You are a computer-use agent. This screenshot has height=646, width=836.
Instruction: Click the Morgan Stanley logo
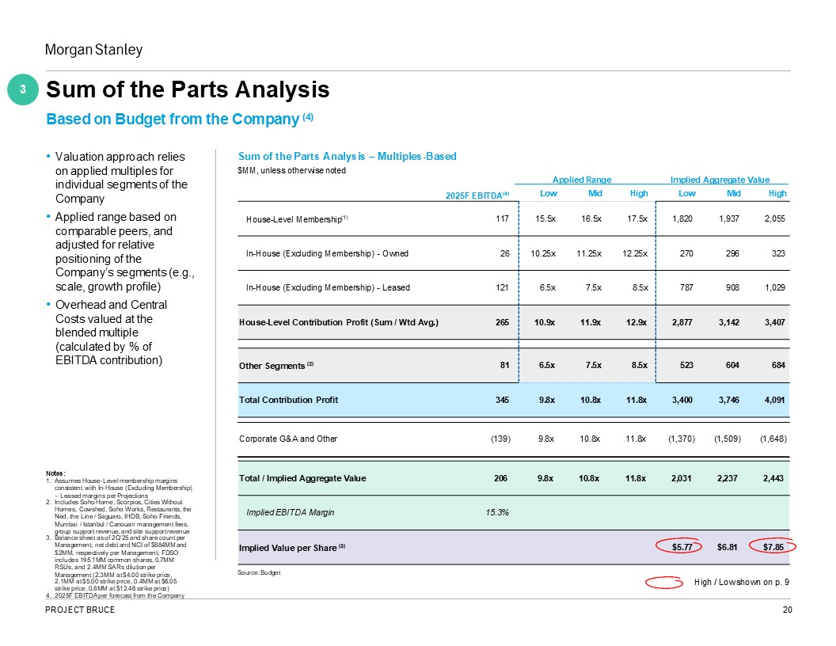(x=93, y=50)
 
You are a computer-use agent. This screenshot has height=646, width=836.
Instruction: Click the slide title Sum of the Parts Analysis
(x=188, y=91)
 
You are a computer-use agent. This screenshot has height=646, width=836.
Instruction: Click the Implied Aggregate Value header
(x=720, y=180)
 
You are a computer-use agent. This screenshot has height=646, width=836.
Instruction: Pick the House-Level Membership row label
(x=291, y=218)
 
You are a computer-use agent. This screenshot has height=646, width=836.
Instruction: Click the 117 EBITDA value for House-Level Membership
(x=501, y=218)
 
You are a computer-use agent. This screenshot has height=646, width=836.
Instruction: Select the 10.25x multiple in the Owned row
(x=545, y=253)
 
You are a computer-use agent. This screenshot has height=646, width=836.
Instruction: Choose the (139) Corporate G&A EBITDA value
(x=496, y=439)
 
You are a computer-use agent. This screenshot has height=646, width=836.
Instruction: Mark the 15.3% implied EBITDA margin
(x=496, y=512)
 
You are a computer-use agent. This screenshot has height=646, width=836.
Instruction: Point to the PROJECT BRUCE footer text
(x=80, y=610)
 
